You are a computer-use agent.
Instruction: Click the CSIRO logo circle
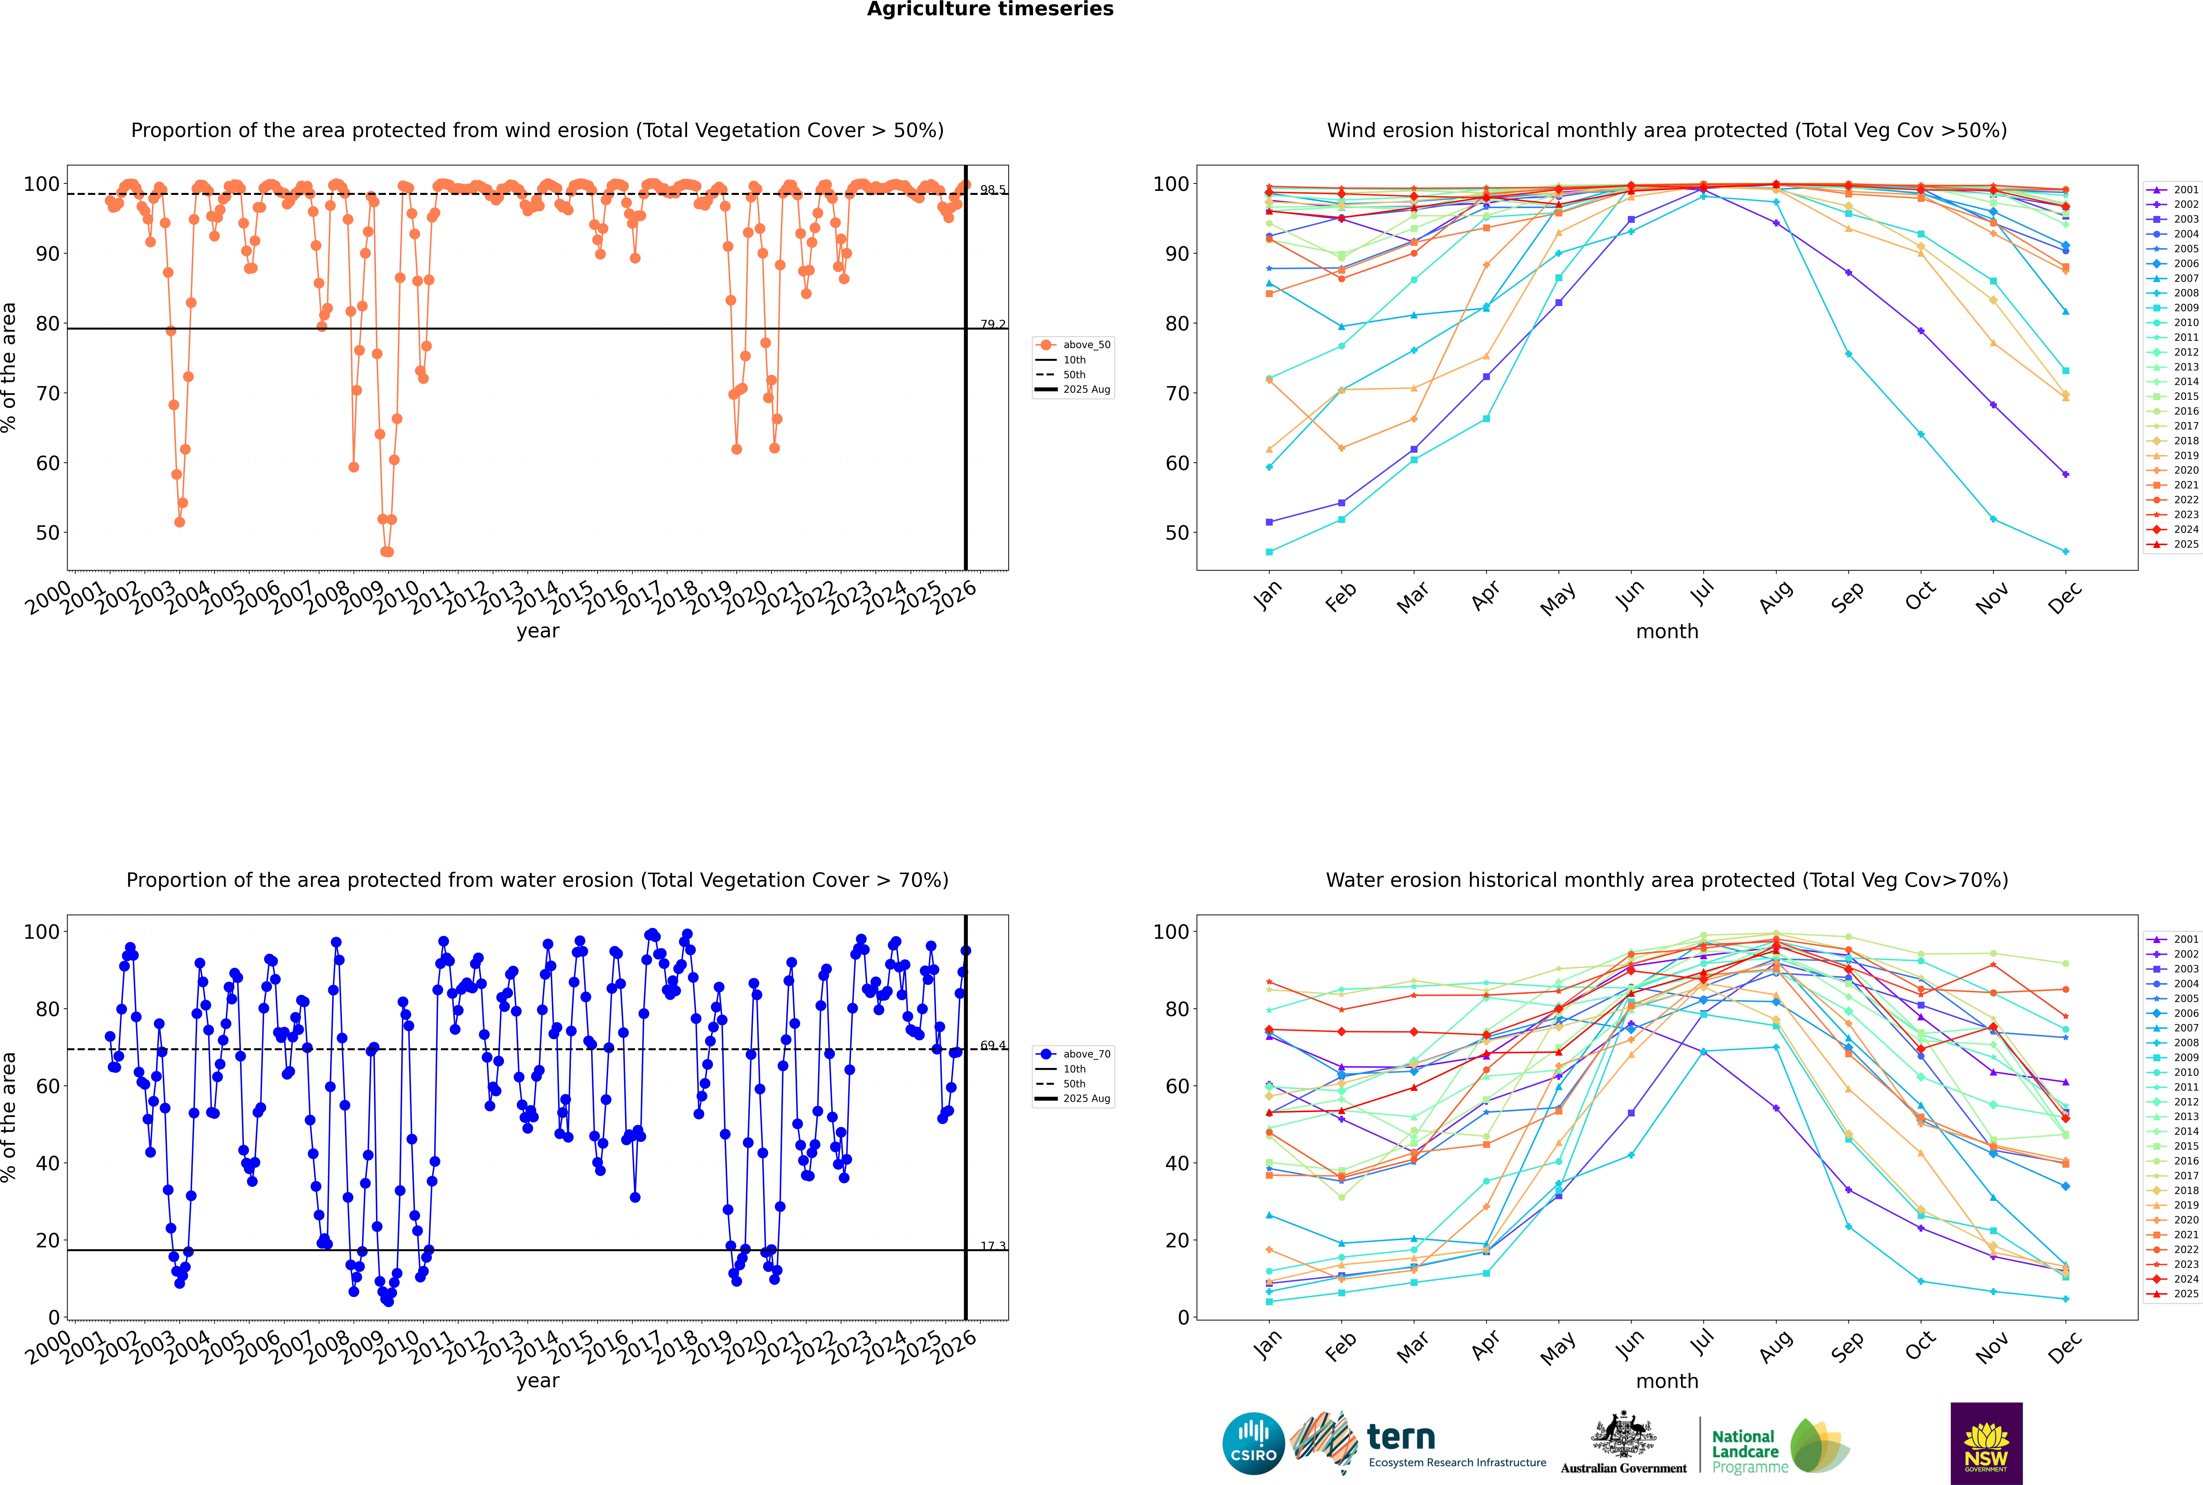1253,1443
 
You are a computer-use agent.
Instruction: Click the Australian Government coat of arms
1623,1434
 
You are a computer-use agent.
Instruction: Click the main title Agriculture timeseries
990,9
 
